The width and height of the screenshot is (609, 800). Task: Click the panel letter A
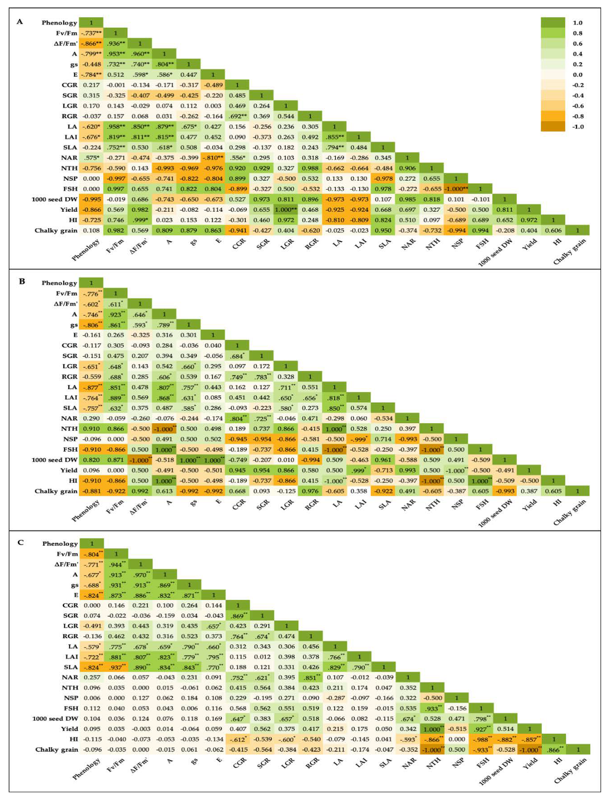click(x=19, y=22)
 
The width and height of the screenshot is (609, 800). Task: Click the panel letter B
click(x=22, y=282)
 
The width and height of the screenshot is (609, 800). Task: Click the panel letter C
click(x=21, y=543)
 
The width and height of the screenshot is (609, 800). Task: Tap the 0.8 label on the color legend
click(x=578, y=33)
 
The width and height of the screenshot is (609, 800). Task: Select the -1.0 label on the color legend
click(x=578, y=127)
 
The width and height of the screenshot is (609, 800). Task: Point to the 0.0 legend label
click(x=578, y=75)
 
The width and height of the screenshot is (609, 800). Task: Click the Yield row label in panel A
click(x=69, y=209)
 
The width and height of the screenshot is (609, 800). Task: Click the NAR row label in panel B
click(x=69, y=418)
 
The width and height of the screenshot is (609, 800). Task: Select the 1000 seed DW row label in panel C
click(x=55, y=718)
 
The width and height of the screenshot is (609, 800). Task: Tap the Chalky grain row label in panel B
click(x=56, y=491)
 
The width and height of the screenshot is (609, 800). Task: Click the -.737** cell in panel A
click(x=91, y=33)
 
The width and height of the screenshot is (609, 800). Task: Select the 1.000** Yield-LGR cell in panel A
click(x=286, y=209)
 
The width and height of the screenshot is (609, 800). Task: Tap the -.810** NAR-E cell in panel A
click(x=213, y=158)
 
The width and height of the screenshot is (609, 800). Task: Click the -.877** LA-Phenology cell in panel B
click(x=91, y=387)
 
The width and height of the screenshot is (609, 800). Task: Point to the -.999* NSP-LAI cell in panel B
click(x=359, y=439)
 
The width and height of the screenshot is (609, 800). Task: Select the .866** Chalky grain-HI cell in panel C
click(x=554, y=749)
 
